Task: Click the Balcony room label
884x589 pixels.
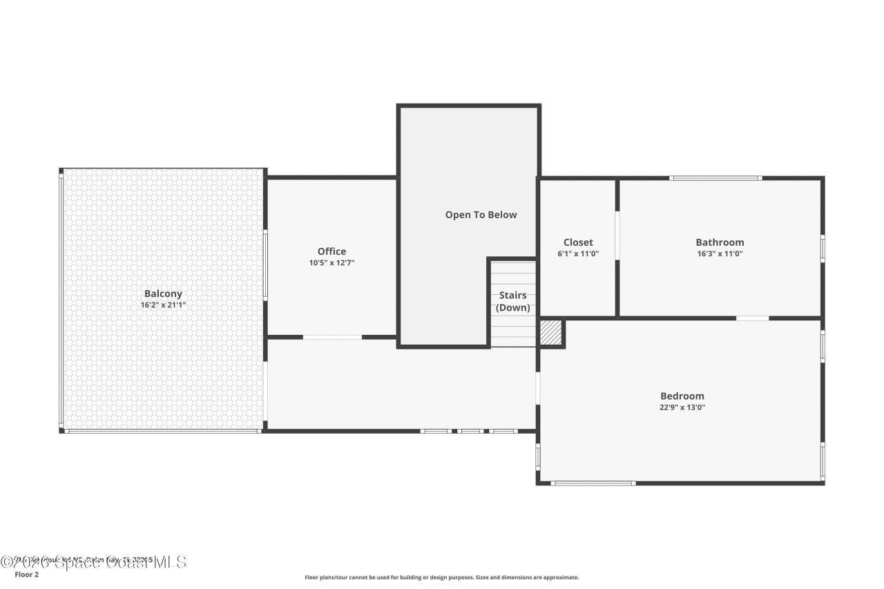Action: pyautogui.click(x=163, y=293)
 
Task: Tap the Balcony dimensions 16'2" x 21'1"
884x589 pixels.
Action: pyautogui.click(x=163, y=305)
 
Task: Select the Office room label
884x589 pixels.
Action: pyautogui.click(x=331, y=251)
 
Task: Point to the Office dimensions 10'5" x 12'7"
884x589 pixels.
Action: pyautogui.click(x=331, y=262)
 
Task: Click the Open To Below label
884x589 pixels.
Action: pyautogui.click(x=481, y=215)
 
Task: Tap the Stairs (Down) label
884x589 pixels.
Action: pyautogui.click(x=513, y=302)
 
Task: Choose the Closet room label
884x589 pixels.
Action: pyautogui.click(x=578, y=242)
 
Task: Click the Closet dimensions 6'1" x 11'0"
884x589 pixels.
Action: pyautogui.click(x=578, y=253)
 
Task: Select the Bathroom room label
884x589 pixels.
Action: pyautogui.click(x=720, y=242)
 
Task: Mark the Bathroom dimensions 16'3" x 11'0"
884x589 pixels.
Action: pyautogui.click(x=720, y=253)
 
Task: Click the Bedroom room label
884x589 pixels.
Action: pyautogui.click(x=682, y=396)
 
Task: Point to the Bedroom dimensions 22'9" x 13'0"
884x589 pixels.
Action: pyautogui.click(x=682, y=407)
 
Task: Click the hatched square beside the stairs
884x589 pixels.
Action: pyautogui.click(x=551, y=332)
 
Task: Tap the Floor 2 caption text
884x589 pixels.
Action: pyautogui.click(x=27, y=574)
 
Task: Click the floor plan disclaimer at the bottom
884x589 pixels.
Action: pyautogui.click(x=442, y=577)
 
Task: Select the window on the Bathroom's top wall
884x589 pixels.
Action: pyautogui.click(x=715, y=178)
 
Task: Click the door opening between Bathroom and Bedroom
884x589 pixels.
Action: pyautogui.click(x=752, y=318)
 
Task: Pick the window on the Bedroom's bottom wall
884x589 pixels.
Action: pyautogui.click(x=593, y=483)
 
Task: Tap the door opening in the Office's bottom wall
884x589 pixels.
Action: pyautogui.click(x=332, y=337)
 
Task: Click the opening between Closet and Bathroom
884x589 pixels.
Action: pyautogui.click(x=617, y=235)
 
